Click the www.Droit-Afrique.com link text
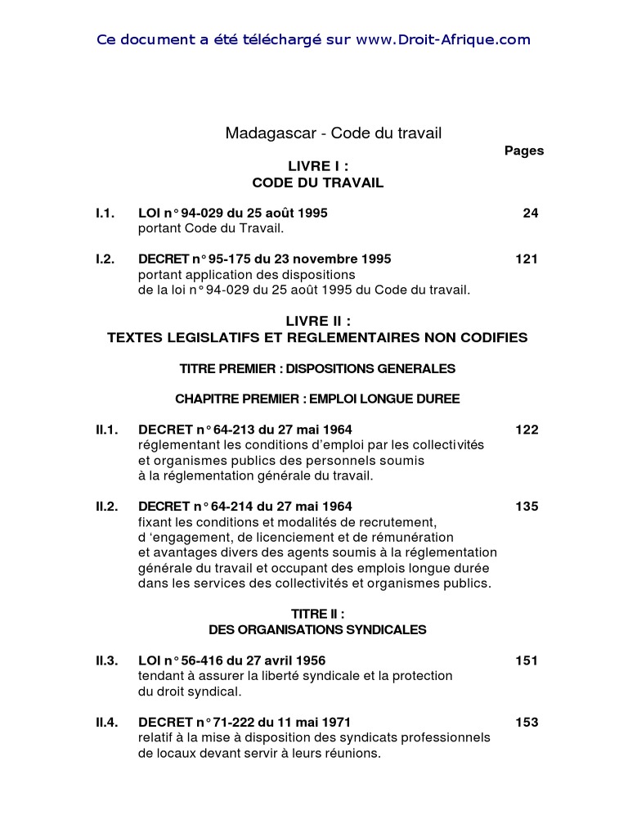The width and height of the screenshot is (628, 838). (x=443, y=39)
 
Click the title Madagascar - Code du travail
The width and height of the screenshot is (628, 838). (x=334, y=133)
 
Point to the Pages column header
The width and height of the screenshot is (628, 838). (x=524, y=151)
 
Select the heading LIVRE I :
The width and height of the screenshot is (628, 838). (x=317, y=166)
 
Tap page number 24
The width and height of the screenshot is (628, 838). (x=531, y=213)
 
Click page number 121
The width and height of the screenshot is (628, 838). (x=527, y=259)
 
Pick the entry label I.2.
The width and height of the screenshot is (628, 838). (x=105, y=259)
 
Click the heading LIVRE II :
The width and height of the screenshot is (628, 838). (x=317, y=322)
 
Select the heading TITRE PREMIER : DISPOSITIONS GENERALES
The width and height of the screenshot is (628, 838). (x=317, y=368)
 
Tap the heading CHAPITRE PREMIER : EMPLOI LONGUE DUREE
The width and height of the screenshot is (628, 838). (x=317, y=399)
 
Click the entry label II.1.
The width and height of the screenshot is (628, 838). (x=107, y=429)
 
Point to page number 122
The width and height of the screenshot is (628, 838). (x=527, y=429)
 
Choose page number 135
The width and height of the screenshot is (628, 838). (x=527, y=506)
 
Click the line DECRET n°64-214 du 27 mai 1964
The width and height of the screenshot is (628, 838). (x=245, y=506)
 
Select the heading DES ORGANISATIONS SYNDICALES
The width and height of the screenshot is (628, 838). (x=317, y=629)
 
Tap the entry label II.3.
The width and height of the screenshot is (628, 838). (x=107, y=660)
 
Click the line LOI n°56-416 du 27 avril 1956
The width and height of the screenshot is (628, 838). (x=237, y=660)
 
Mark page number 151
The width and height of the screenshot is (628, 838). (x=527, y=660)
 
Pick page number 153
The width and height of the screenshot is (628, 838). (x=527, y=722)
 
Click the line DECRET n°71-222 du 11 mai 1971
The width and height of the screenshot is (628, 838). (x=244, y=722)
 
